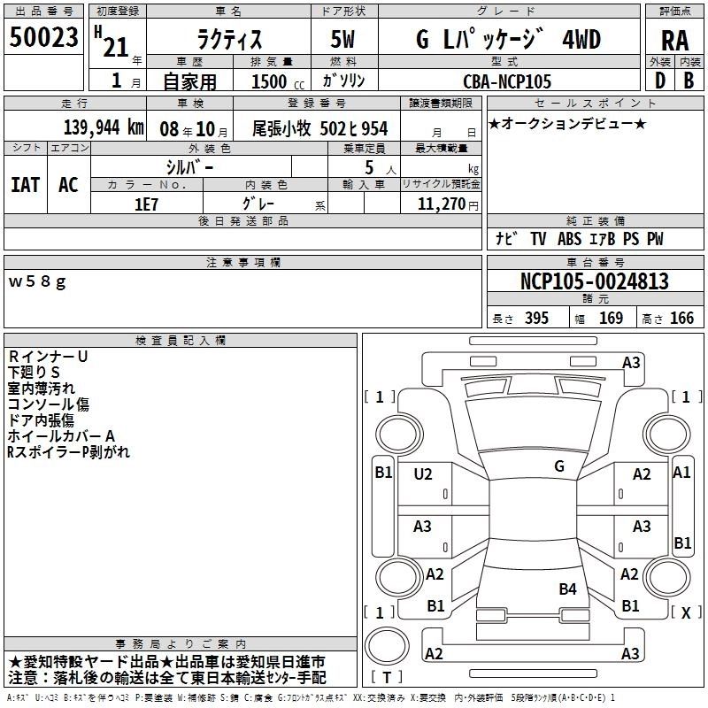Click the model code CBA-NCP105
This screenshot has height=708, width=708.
[507, 81]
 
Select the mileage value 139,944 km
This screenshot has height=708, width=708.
[103, 128]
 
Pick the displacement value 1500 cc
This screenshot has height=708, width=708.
[271, 81]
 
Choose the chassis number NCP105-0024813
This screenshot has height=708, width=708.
[594, 281]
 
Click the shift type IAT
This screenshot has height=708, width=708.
[25, 185]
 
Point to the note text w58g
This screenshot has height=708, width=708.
[36, 281]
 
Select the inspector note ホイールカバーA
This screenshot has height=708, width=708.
[61, 436]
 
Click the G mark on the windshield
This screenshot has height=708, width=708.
[558, 466]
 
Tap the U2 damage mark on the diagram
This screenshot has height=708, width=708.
[423, 474]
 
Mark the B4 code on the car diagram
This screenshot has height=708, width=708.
[567, 589]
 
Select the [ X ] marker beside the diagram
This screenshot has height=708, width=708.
[685, 612]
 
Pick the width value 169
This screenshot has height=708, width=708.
[611, 319]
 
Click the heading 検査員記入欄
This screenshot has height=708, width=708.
[181, 341]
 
